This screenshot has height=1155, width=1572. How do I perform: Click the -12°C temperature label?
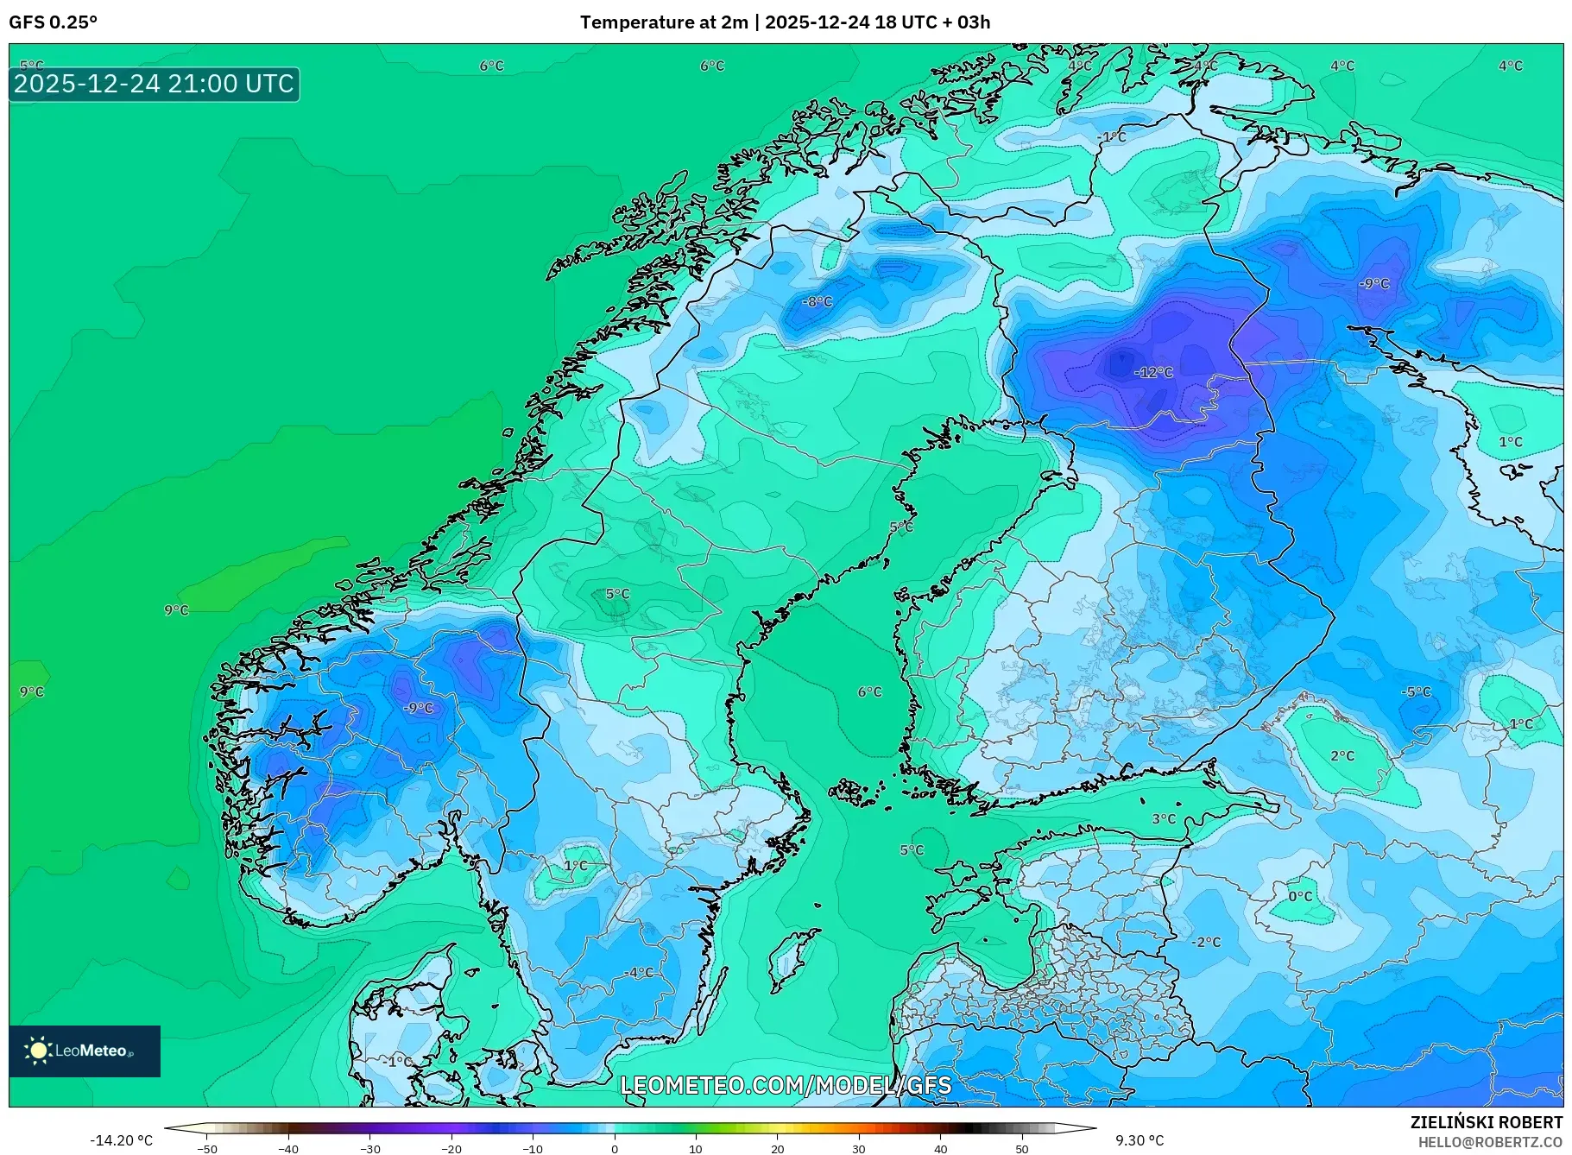click(1153, 372)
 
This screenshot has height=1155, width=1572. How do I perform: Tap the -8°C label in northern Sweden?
click(817, 301)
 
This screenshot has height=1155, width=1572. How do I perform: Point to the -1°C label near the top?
click(1112, 137)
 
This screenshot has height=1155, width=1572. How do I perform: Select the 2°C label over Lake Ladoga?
click(1342, 756)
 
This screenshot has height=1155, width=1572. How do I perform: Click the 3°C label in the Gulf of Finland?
click(1164, 818)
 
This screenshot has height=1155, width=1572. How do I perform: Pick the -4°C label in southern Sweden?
click(639, 973)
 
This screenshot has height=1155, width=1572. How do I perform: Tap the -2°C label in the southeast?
click(1206, 942)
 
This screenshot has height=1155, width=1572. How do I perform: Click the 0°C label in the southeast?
click(1300, 896)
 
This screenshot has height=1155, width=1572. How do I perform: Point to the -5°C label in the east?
click(1416, 691)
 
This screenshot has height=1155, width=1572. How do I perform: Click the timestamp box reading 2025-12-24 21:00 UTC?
click(155, 84)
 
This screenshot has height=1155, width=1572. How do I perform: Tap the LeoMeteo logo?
click(84, 1051)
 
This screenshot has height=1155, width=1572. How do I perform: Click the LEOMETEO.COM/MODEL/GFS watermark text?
click(786, 1084)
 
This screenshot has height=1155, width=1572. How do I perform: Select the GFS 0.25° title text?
click(54, 22)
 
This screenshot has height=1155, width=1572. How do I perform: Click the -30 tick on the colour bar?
click(369, 1148)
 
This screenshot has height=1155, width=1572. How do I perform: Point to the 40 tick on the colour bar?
click(940, 1148)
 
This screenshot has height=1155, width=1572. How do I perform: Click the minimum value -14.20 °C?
click(121, 1140)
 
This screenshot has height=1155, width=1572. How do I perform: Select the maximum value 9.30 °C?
click(1140, 1140)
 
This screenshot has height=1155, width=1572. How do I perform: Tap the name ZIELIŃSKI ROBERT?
click(1486, 1122)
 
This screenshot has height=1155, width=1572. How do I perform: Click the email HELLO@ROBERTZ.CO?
click(1489, 1142)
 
